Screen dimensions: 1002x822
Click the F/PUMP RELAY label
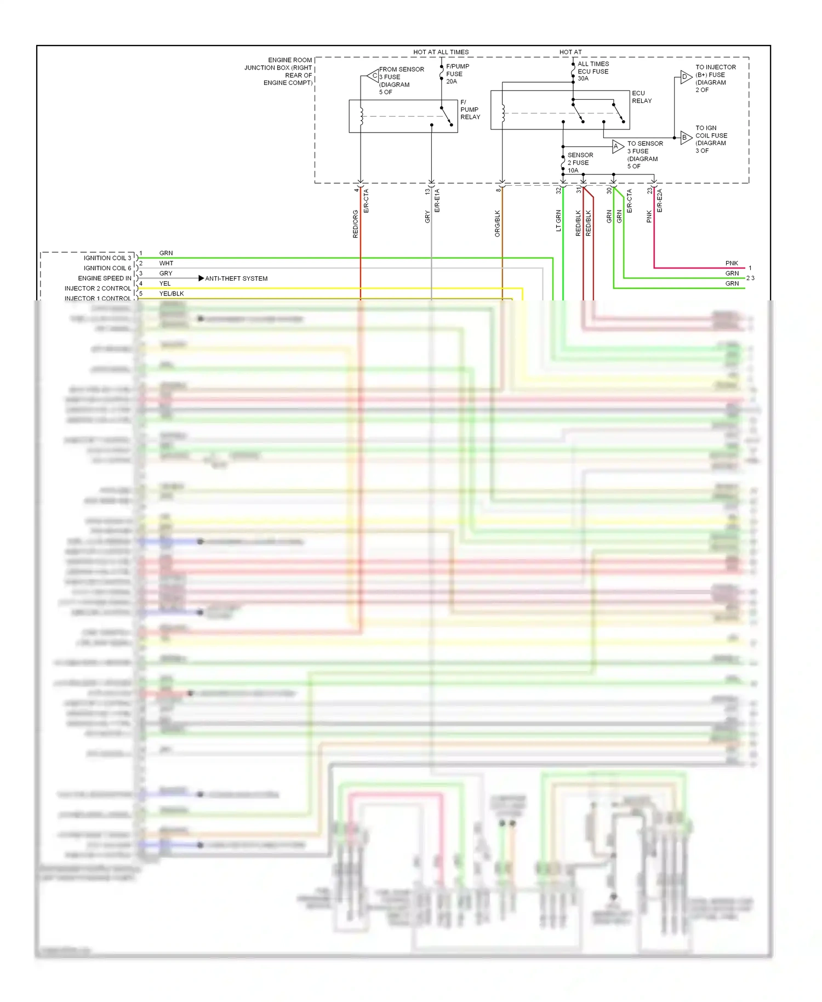coord(470,110)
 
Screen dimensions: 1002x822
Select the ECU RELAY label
coord(641,97)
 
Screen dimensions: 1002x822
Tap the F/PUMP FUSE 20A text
coord(457,74)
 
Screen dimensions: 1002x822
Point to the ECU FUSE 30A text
coord(592,71)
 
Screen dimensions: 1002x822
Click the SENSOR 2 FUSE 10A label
coord(580,163)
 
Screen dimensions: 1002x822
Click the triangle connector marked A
coord(617,146)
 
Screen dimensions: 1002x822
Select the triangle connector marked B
coord(686,138)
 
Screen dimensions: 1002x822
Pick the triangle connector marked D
coord(686,77)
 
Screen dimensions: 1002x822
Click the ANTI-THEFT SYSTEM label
coord(236,278)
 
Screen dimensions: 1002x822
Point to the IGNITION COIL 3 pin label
coord(107,258)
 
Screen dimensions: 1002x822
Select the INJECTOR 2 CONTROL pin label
coord(98,288)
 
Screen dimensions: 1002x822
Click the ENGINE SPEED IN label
coord(104,278)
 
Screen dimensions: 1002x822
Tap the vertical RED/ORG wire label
coord(355,224)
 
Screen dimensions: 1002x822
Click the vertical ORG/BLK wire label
coord(498,223)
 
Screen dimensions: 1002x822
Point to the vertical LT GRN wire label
coord(558,220)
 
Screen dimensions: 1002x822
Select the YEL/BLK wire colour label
coord(171,294)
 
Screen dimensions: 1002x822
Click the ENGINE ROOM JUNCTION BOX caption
coord(278,71)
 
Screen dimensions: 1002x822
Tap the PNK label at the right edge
coord(731,263)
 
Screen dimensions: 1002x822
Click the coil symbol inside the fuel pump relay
coord(362,117)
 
